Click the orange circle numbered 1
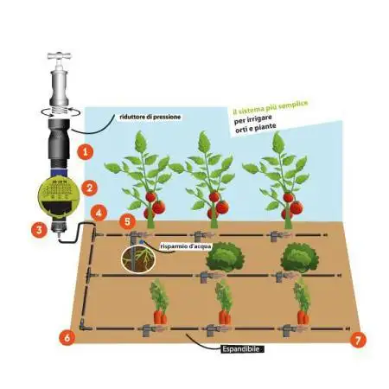tap(85, 151)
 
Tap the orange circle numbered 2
tap(90, 188)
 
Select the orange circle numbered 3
tap(40, 230)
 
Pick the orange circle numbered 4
tap(99, 214)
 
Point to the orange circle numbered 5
tap(127, 221)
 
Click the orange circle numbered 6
tap(67, 338)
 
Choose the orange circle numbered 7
tap(358, 340)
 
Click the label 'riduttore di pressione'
tap(150, 117)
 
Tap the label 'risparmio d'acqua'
tap(186, 246)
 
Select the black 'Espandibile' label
tap(242, 349)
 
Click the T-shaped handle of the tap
tap(60, 56)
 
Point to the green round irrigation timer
tap(58, 196)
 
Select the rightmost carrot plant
tap(303, 302)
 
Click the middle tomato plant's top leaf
tap(204, 142)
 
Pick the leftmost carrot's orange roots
tap(160, 317)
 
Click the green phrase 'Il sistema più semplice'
tap(271, 106)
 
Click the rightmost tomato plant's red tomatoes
tap(292, 207)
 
